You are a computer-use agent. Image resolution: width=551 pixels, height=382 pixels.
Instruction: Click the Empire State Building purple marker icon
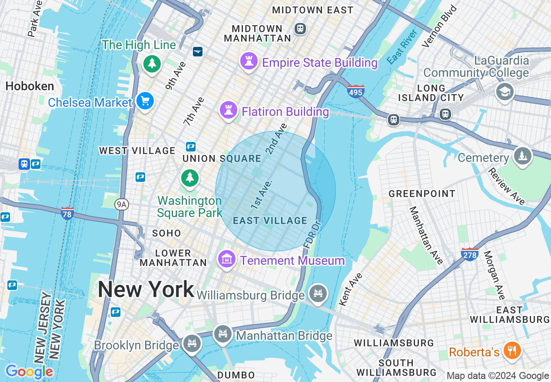click(x=249, y=61)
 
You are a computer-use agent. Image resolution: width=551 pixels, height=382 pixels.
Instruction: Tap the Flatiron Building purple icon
click(x=228, y=110)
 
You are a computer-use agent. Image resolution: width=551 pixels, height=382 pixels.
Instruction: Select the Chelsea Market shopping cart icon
click(x=145, y=101)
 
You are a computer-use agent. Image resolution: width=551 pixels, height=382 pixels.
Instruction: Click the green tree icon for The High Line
click(x=152, y=64)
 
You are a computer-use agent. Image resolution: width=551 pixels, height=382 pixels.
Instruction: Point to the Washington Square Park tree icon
click(x=189, y=178)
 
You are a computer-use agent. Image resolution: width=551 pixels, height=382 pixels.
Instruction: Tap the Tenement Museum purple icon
click(x=226, y=259)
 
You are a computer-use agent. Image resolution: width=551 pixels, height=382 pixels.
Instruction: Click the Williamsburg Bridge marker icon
click(x=318, y=293)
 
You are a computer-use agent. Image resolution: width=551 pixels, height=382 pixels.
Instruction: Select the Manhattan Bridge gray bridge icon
click(x=223, y=334)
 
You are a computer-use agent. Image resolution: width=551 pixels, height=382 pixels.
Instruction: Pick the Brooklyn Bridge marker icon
click(x=191, y=343)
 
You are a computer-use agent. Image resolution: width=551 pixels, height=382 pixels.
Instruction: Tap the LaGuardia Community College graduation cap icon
click(x=505, y=92)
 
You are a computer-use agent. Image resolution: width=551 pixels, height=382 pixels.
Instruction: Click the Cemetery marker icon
click(x=522, y=155)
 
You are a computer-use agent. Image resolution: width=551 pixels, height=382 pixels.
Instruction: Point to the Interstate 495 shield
click(x=355, y=91)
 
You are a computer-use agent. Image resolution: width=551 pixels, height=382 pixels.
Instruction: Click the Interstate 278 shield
click(x=470, y=254)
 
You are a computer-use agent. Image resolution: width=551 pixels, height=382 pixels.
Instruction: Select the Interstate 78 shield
click(x=67, y=213)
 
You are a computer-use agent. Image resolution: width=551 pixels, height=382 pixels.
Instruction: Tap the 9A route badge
click(x=122, y=204)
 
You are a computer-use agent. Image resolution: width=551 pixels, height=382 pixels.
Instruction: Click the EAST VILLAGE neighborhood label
click(x=270, y=221)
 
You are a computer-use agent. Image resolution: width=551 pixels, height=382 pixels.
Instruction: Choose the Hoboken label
click(x=30, y=86)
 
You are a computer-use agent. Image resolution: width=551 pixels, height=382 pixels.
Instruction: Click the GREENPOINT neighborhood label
click(x=422, y=194)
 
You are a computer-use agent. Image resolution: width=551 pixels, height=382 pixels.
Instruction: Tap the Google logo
click(x=29, y=372)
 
